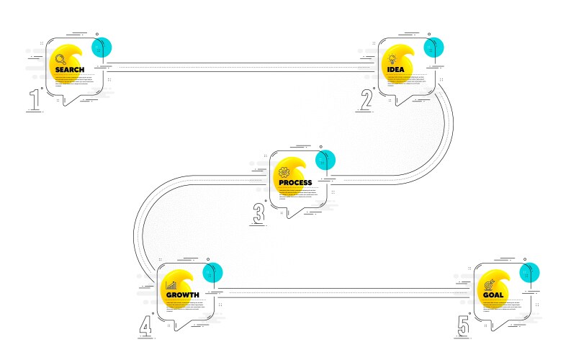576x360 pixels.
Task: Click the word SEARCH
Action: [70, 70]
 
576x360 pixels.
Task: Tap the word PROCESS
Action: [295, 183]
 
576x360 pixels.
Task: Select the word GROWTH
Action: [183, 295]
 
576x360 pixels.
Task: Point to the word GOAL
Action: [493, 295]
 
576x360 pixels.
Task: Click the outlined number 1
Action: [34, 100]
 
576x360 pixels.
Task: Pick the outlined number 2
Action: [366, 100]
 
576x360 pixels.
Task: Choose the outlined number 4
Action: [146, 326]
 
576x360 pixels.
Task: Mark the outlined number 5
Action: [463, 326]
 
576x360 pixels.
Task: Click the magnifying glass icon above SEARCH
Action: [60, 58]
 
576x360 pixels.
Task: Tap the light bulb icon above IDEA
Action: [392, 59]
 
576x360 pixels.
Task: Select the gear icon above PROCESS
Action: [283, 172]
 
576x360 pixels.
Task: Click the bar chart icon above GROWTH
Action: [171, 284]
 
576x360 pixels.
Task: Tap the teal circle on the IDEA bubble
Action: [433, 47]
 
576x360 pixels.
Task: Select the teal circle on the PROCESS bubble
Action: [325, 160]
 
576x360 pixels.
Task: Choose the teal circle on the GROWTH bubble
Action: [212, 272]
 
